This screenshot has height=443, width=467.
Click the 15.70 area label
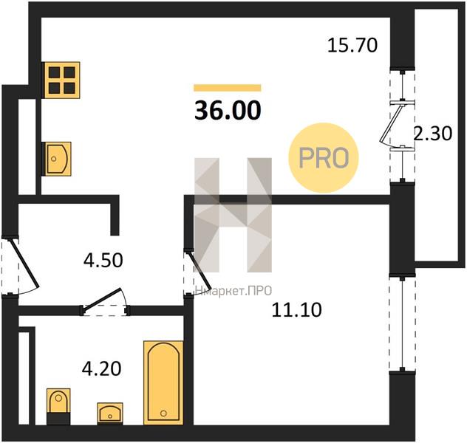point(352,46)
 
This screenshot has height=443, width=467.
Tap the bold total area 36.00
point(228,110)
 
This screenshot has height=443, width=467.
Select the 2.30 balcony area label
point(433,134)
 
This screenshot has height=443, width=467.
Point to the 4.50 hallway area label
point(103,260)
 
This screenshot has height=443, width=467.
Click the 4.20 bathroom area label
point(101,368)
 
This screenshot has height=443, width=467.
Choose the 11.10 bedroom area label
point(296,309)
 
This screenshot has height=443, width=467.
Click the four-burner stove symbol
point(62,80)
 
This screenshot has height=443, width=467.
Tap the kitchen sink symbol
point(58,159)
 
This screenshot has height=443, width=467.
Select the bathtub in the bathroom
point(163,383)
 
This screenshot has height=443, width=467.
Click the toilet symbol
point(58,406)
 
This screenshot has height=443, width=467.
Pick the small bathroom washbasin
point(110,413)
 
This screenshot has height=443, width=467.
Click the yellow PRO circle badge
point(324,158)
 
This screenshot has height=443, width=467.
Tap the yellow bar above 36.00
point(228,88)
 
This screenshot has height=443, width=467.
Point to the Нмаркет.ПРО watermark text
point(233,291)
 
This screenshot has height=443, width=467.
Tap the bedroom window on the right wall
point(402,324)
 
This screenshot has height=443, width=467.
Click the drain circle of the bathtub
point(163,413)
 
